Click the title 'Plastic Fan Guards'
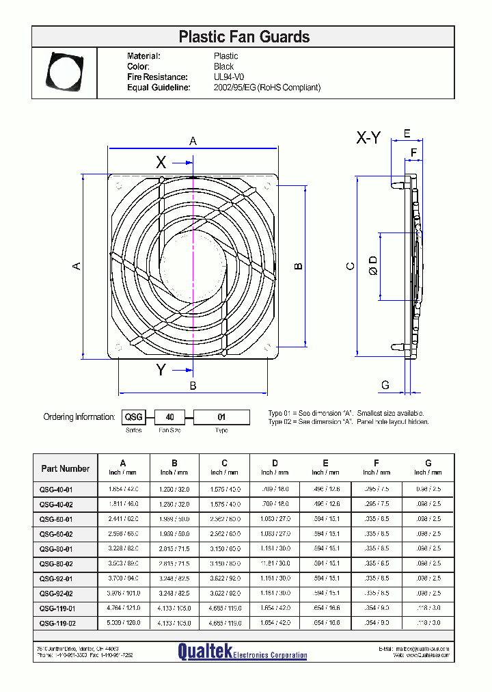pos(243,37)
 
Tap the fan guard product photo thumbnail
pos(64,71)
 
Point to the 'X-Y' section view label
pos(368,138)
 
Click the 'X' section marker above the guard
pos(161,162)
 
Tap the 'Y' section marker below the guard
pos(161,370)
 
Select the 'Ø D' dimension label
pos(372,266)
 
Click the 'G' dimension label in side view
pos(385,386)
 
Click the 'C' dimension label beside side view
pos(350,266)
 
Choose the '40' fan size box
pos(170,416)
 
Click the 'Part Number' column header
pos(66,468)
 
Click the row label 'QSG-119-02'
pos(57,623)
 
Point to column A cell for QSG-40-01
pos(124,490)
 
